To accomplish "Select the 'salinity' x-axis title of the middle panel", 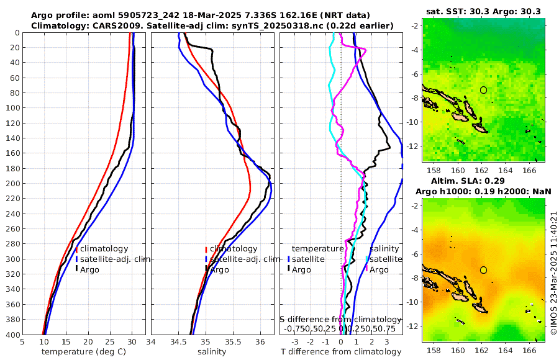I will [212, 352].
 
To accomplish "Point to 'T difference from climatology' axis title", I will [342, 352].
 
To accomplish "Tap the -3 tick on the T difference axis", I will [294, 341].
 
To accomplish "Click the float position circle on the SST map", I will [483, 90].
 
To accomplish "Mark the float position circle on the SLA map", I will [483, 270].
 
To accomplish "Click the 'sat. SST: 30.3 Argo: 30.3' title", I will [483, 11].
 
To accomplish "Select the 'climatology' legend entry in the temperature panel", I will [104, 249].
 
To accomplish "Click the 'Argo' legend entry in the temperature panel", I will [89, 269].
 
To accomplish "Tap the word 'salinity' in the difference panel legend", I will [384, 249].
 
